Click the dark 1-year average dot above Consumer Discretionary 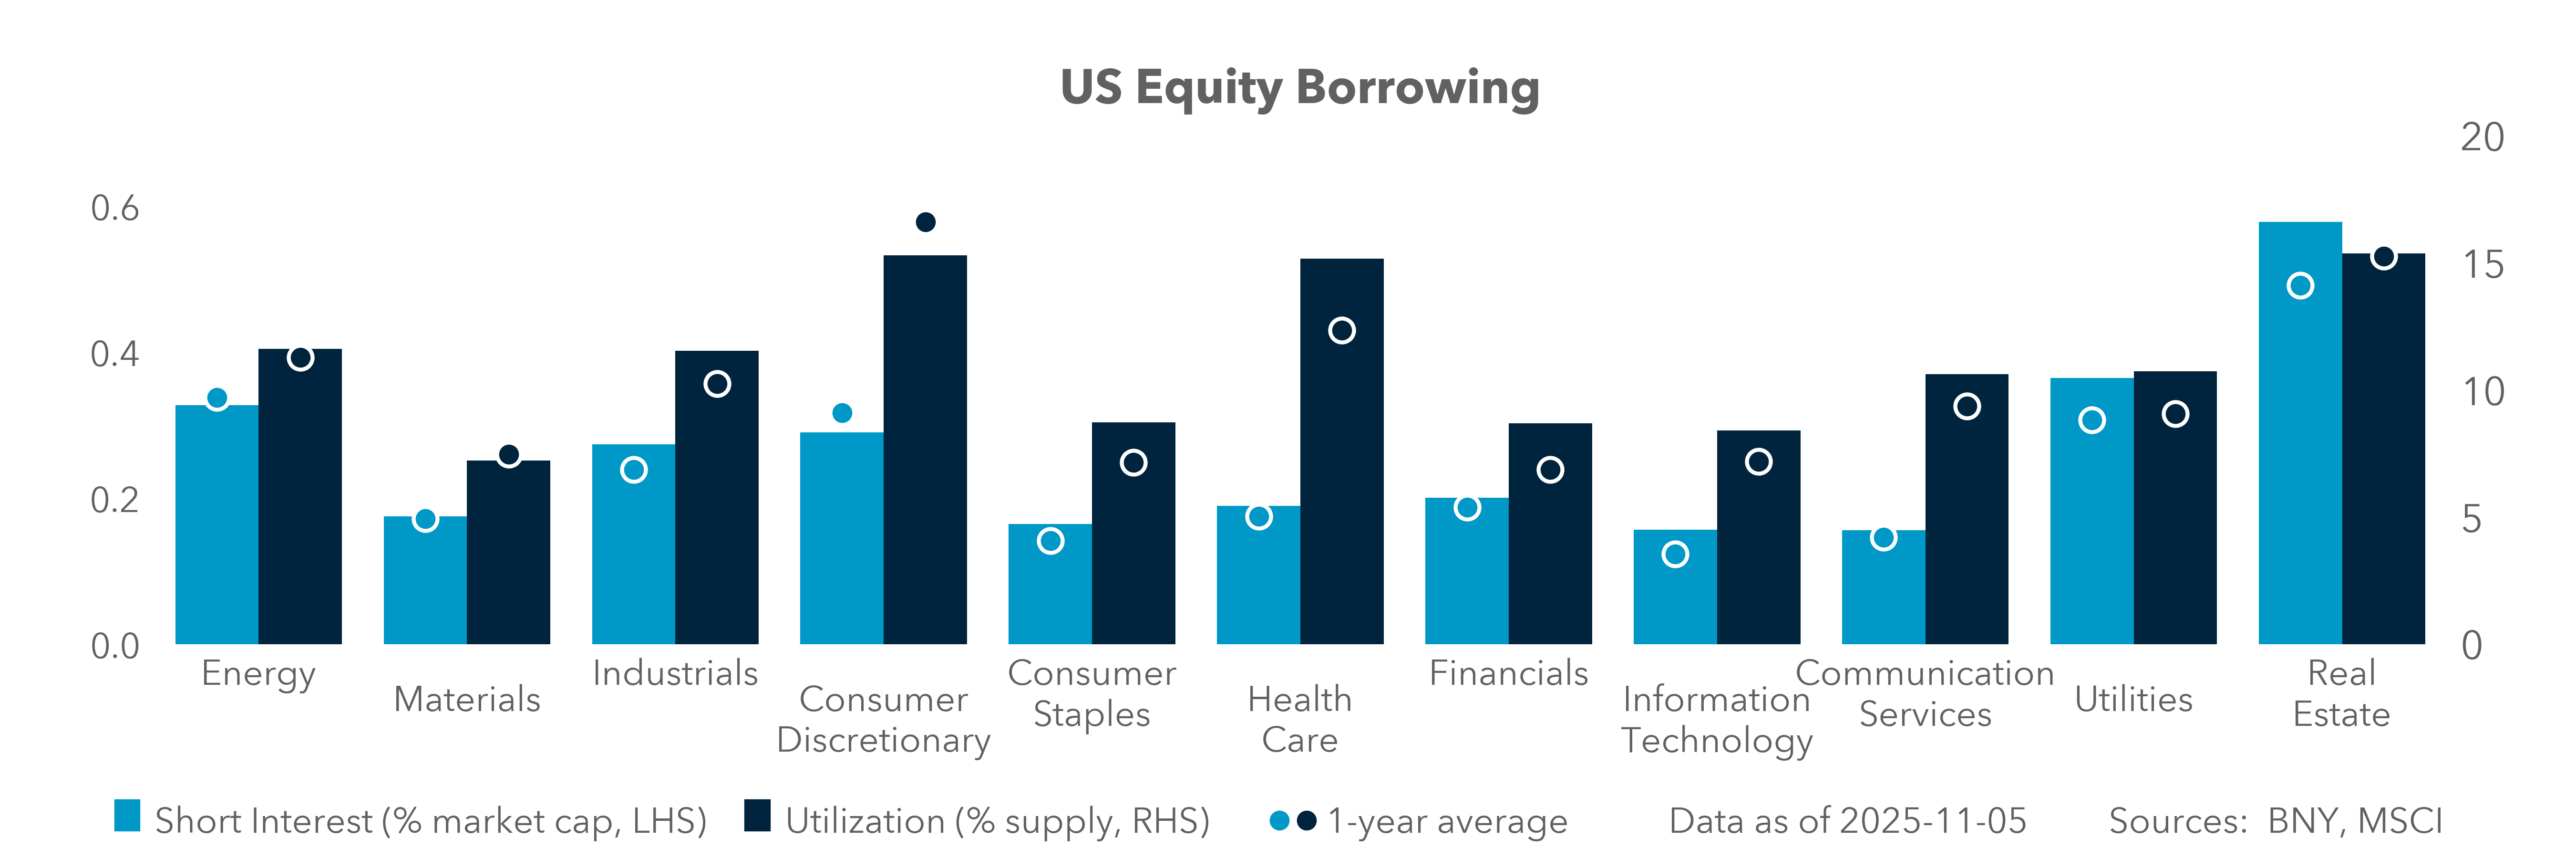[x=926, y=222]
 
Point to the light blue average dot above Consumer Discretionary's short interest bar [x=842, y=413]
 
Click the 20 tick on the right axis [x=2482, y=137]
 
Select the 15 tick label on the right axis [x=2482, y=265]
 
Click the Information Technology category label [x=1716, y=720]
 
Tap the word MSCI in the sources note [x=2399, y=821]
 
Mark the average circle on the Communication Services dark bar [x=1966, y=406]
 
